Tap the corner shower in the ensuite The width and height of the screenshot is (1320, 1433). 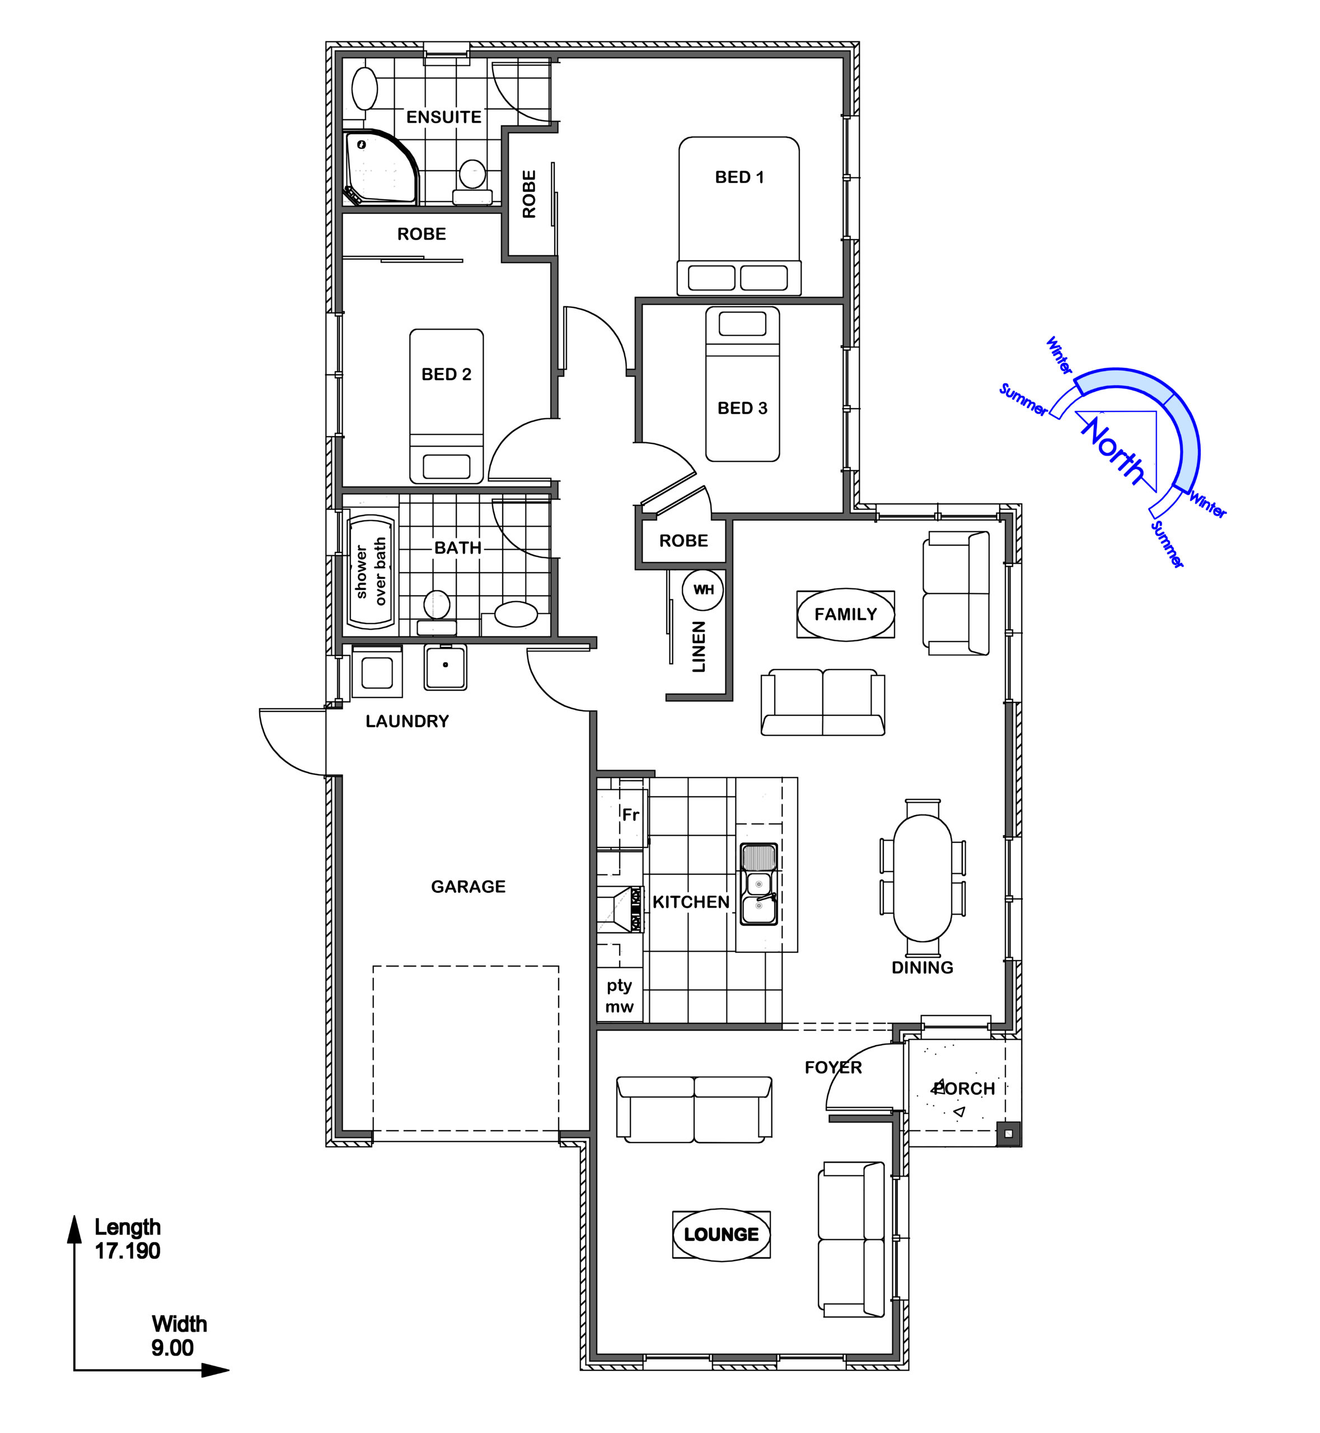coord(380,169)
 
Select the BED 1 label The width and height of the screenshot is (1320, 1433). coord(739,177)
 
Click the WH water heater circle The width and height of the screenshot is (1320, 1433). coord(703,590)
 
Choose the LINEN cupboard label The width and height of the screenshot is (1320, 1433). coord(699,647)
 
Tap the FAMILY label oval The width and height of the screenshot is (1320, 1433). coord(846,615)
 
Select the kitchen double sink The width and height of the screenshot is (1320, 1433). coord(758,884)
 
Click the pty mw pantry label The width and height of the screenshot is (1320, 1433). coord(619,996)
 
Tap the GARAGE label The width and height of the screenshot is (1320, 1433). coord(468,887)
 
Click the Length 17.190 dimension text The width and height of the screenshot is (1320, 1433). coord(128,1239)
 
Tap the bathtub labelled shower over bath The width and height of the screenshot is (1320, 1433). coord(371,572)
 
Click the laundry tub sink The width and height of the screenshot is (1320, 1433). coord(445,667)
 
